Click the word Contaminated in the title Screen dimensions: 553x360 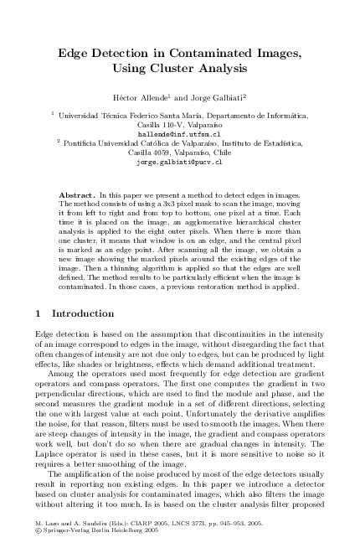[x=211, y=53]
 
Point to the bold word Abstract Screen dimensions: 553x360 [x=79, y=194]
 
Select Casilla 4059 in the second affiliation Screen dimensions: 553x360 [x=151, y=153]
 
